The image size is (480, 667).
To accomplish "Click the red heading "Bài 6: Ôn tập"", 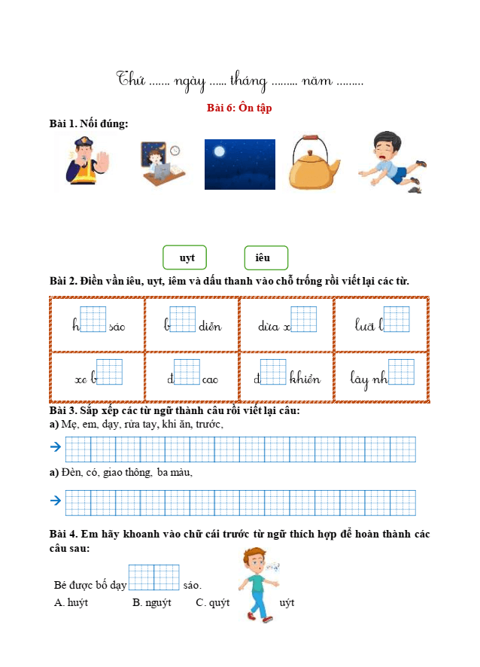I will tap(239, 108).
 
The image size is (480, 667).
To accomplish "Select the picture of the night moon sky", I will tap(239, 164).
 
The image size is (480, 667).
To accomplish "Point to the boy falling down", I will tap(392, 163).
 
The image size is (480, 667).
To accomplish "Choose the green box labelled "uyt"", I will tap(185, 258).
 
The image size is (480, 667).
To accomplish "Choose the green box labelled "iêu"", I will tap(266, 258).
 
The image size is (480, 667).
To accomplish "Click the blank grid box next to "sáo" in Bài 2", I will tap(93, 320).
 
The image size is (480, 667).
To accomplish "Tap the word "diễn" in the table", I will tap(210, 327).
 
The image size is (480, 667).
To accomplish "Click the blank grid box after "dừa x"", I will tap(303, 320).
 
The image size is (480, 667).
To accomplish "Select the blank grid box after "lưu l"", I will tap(396, 320).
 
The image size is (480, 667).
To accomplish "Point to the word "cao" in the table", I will tap(210, 379).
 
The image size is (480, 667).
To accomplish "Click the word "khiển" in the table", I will tap(305, 379).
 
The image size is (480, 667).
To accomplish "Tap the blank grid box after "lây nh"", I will tap(401, 372).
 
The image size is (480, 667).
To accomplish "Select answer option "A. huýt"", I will tap(71, 602).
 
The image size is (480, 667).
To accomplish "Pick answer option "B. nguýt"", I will tap(152, 602).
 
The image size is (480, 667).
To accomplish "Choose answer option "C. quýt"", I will tap(212, 602).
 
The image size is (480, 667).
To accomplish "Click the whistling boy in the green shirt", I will tap(257, 584).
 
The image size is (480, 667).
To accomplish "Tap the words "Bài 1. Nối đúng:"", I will tap(89, 123).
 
